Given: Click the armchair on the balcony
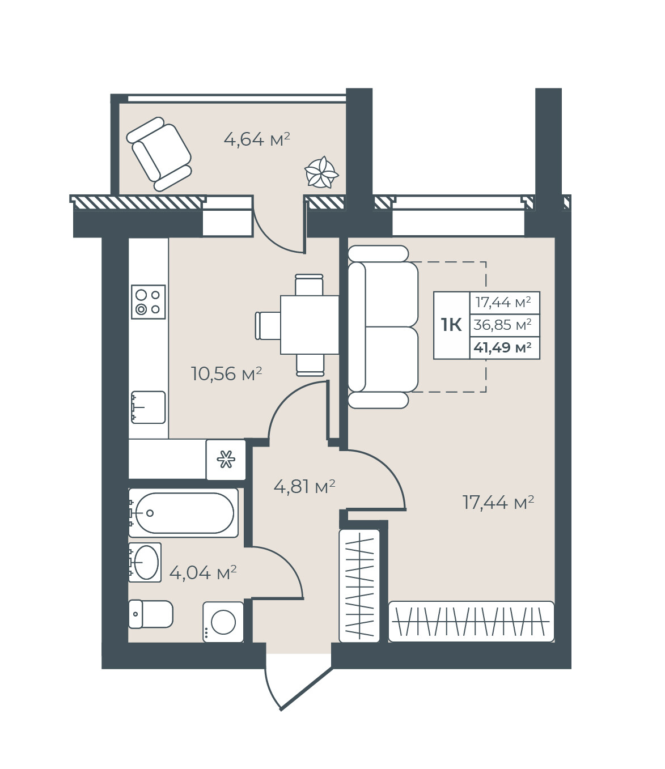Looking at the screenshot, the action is click(x=159, y=154).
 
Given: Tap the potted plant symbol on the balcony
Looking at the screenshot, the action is click(x=321, y=172).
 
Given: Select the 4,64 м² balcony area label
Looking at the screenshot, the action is click(x=257, y=139).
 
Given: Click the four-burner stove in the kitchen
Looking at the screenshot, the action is click(x=148, y=301).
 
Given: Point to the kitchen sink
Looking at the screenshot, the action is click(x=148, y=407).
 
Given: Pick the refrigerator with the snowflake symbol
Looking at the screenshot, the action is click(x=226, y=460).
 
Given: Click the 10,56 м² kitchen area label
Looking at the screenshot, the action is click(x=227, y=373).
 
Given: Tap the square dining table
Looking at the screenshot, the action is click(x=310, y=324).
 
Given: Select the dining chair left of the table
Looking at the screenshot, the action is click(x=268, y=325).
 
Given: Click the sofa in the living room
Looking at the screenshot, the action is click(x=383, y=326).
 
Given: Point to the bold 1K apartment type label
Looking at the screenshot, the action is click(x=451, y=325).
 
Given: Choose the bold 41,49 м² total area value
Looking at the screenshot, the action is click(x=502, y=347).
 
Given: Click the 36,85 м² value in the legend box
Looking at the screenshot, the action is click(x=502, y=325).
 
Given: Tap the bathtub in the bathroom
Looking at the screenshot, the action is click(x=184, y=513).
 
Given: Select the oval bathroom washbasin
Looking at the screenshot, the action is click(x=145, y=562).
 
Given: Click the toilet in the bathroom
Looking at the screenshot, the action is click(x=151, y=614).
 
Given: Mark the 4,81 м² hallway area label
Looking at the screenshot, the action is click(x=304, y=486).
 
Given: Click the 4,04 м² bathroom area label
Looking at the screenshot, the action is click(x=203, y=572).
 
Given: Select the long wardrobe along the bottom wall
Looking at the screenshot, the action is click(x=472, y=622).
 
